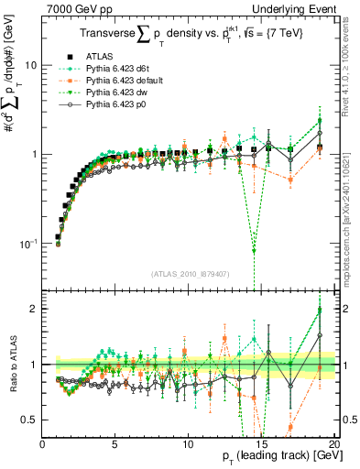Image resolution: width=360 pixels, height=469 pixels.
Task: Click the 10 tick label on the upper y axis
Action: [30, 66]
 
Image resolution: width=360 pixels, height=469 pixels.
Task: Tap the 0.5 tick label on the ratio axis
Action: [29, 420]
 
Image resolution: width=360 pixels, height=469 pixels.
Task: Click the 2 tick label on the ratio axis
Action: [34, 309]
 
